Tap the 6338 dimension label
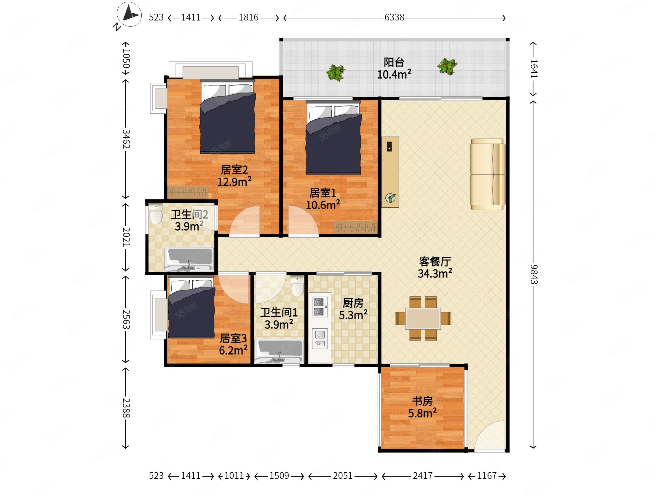tap(394, 18)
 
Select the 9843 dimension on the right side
tap(534, 274)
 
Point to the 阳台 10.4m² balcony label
tap(394, 69)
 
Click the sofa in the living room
tap(488, 174)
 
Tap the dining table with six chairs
tap(423, 318)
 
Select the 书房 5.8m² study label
tap(422, 407)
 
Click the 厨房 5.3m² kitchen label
tap(353, 309)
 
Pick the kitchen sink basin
tap(320, 339)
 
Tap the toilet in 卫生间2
tap(155, 213)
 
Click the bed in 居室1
tap(333, 138)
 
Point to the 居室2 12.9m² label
tap(234, 176)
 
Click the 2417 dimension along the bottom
tap(422, 476)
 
